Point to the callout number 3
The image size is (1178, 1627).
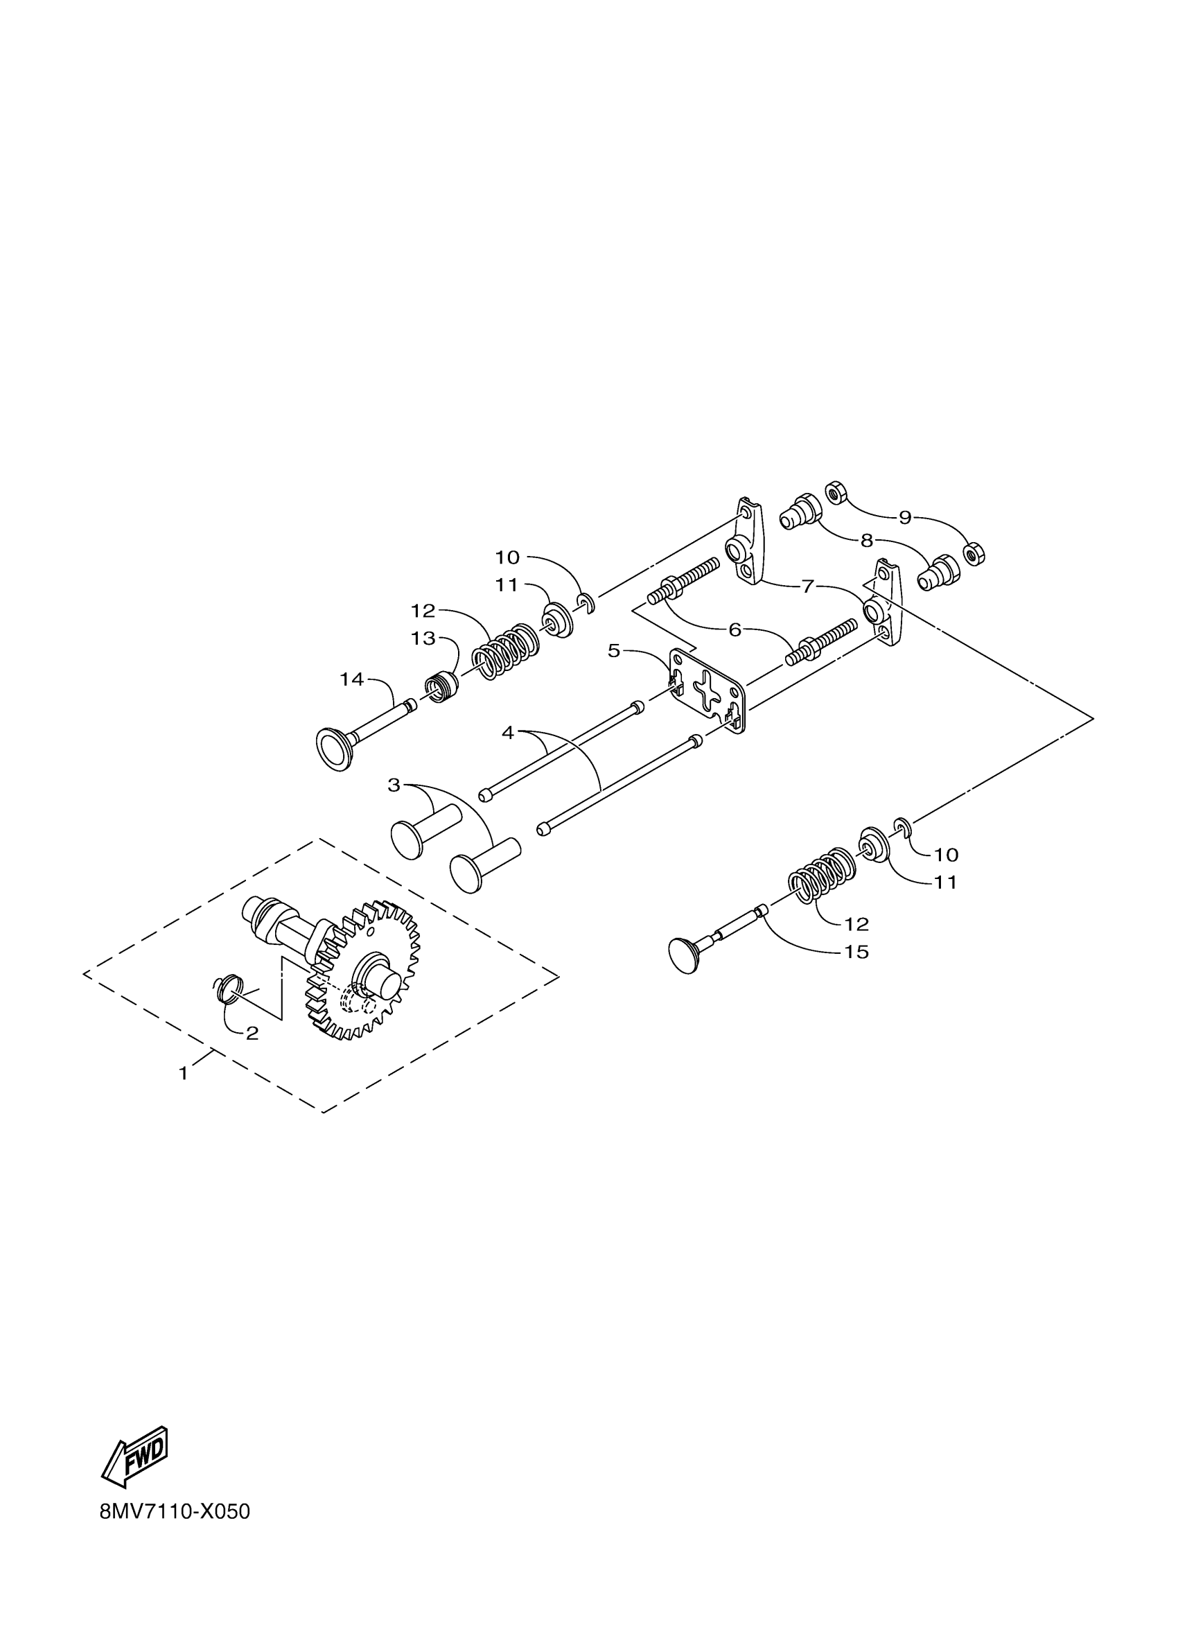point(394,785)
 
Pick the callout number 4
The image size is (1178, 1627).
point(508,733)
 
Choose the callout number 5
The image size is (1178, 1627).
point(614,651)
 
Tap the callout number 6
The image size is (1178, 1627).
point(735,630)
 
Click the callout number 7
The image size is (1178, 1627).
point(808,586)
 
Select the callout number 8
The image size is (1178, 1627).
point(867,541)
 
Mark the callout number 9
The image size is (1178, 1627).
point(905,517)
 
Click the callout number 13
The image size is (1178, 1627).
point(424,638)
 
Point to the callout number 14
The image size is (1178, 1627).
point(352,679)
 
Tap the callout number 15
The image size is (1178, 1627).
point(856,952)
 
